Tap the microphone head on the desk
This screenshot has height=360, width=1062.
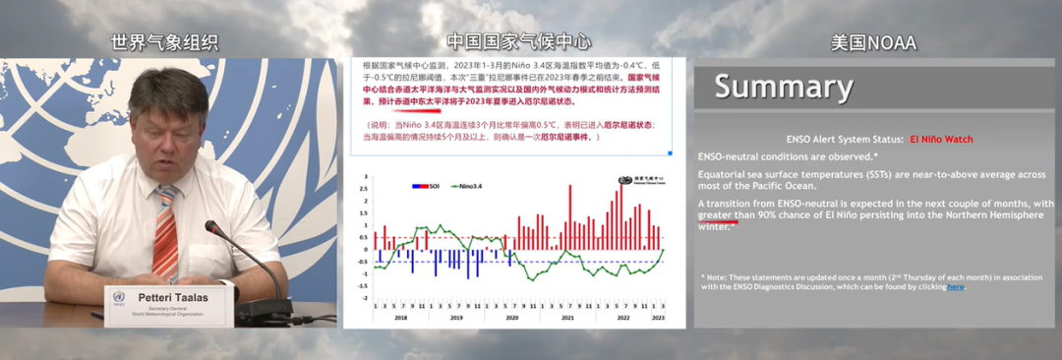coord(211,228)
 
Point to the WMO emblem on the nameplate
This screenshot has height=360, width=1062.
coord(118,296)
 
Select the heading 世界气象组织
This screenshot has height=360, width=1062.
coord(164,42)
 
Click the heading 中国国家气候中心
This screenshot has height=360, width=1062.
coord(518,42)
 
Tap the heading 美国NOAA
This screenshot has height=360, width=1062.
coord(872,42)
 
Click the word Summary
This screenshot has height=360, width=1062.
coord(784,87)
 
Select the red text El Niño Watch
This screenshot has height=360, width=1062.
coord(941,140)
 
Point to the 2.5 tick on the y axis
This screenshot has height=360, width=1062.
coord(365,190)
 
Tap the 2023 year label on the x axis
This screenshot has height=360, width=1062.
coord(659,318)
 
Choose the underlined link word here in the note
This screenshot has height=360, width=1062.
coord(955,287)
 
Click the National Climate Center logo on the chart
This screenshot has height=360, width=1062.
coord(637,181)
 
